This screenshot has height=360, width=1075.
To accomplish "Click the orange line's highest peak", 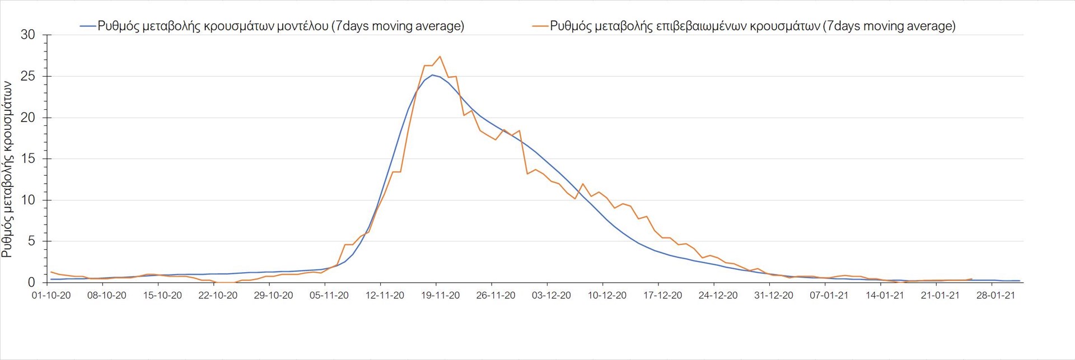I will tap(440, 57).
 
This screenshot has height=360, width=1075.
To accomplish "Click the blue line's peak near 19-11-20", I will tap(432, 75).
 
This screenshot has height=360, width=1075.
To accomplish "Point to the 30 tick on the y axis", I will tap(27, 35).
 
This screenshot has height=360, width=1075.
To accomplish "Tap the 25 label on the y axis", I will tap(27, 76).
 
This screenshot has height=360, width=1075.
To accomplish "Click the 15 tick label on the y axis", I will tap(27, 159).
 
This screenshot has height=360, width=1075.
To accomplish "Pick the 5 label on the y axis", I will tap(31, 241).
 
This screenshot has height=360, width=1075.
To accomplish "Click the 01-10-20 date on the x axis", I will tap(51, 296).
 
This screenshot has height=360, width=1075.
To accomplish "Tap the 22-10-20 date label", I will tap(218, 296).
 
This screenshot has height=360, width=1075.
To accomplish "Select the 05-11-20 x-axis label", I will tap(329, 296).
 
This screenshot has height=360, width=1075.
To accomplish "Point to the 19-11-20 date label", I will tap(440, 296).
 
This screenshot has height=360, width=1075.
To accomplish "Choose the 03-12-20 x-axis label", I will tap(551, 296).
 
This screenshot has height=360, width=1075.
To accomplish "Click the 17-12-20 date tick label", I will tap(662, 296).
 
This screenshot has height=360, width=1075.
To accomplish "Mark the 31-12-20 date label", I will tap(774, 296).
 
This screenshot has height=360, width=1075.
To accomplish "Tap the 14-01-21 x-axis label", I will tap(885, 296).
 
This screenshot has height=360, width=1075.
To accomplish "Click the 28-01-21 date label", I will tap(995, 296).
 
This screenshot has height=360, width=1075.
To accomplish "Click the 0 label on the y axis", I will tap(31, 283).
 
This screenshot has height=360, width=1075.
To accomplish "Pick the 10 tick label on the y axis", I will tap(27, 200).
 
